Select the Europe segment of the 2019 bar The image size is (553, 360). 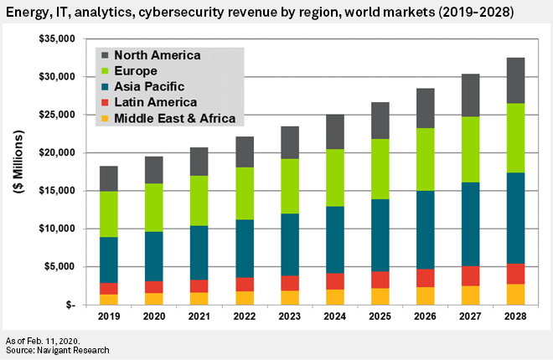[x=109, y=214]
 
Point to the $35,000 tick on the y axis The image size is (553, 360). [x=58, y=39]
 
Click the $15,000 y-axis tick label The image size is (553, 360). [x=58, y=191]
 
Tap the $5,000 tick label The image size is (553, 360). [x=60, y=266]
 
